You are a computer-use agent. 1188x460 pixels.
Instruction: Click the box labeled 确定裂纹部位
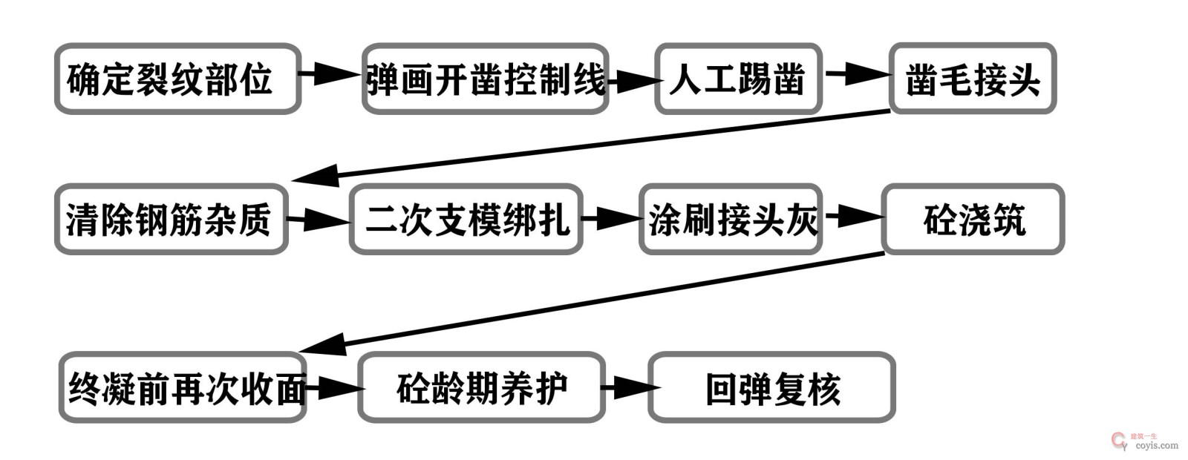coord(177,79)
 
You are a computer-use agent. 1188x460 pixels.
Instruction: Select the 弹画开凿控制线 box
coord(486,79)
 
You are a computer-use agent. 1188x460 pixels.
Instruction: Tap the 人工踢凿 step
coord(738,79)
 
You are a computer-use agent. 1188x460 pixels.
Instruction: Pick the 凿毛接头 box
coord(973,79)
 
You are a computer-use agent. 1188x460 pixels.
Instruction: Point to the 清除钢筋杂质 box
coord(171,220)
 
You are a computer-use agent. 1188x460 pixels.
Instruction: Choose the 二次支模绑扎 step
coord(466,220)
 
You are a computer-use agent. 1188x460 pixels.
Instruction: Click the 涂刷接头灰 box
coord(731,220)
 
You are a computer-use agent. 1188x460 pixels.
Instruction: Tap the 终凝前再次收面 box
coord(183,388)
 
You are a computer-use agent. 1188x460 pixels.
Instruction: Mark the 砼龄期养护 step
coord(482,388)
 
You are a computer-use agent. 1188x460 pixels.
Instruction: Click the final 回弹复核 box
coord(771,388)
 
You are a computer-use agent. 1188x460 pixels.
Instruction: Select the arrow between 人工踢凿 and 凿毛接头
coord(857,73)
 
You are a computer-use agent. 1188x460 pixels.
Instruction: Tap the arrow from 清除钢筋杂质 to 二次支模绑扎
coord(318,220)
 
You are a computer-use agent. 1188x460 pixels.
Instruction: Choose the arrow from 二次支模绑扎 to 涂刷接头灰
coord(611,218)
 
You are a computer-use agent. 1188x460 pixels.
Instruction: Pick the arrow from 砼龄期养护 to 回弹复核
coord(627,387)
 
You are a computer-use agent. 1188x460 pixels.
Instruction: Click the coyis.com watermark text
coord(1157,446)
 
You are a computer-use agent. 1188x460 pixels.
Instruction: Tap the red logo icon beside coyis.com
coord(1119,441)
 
